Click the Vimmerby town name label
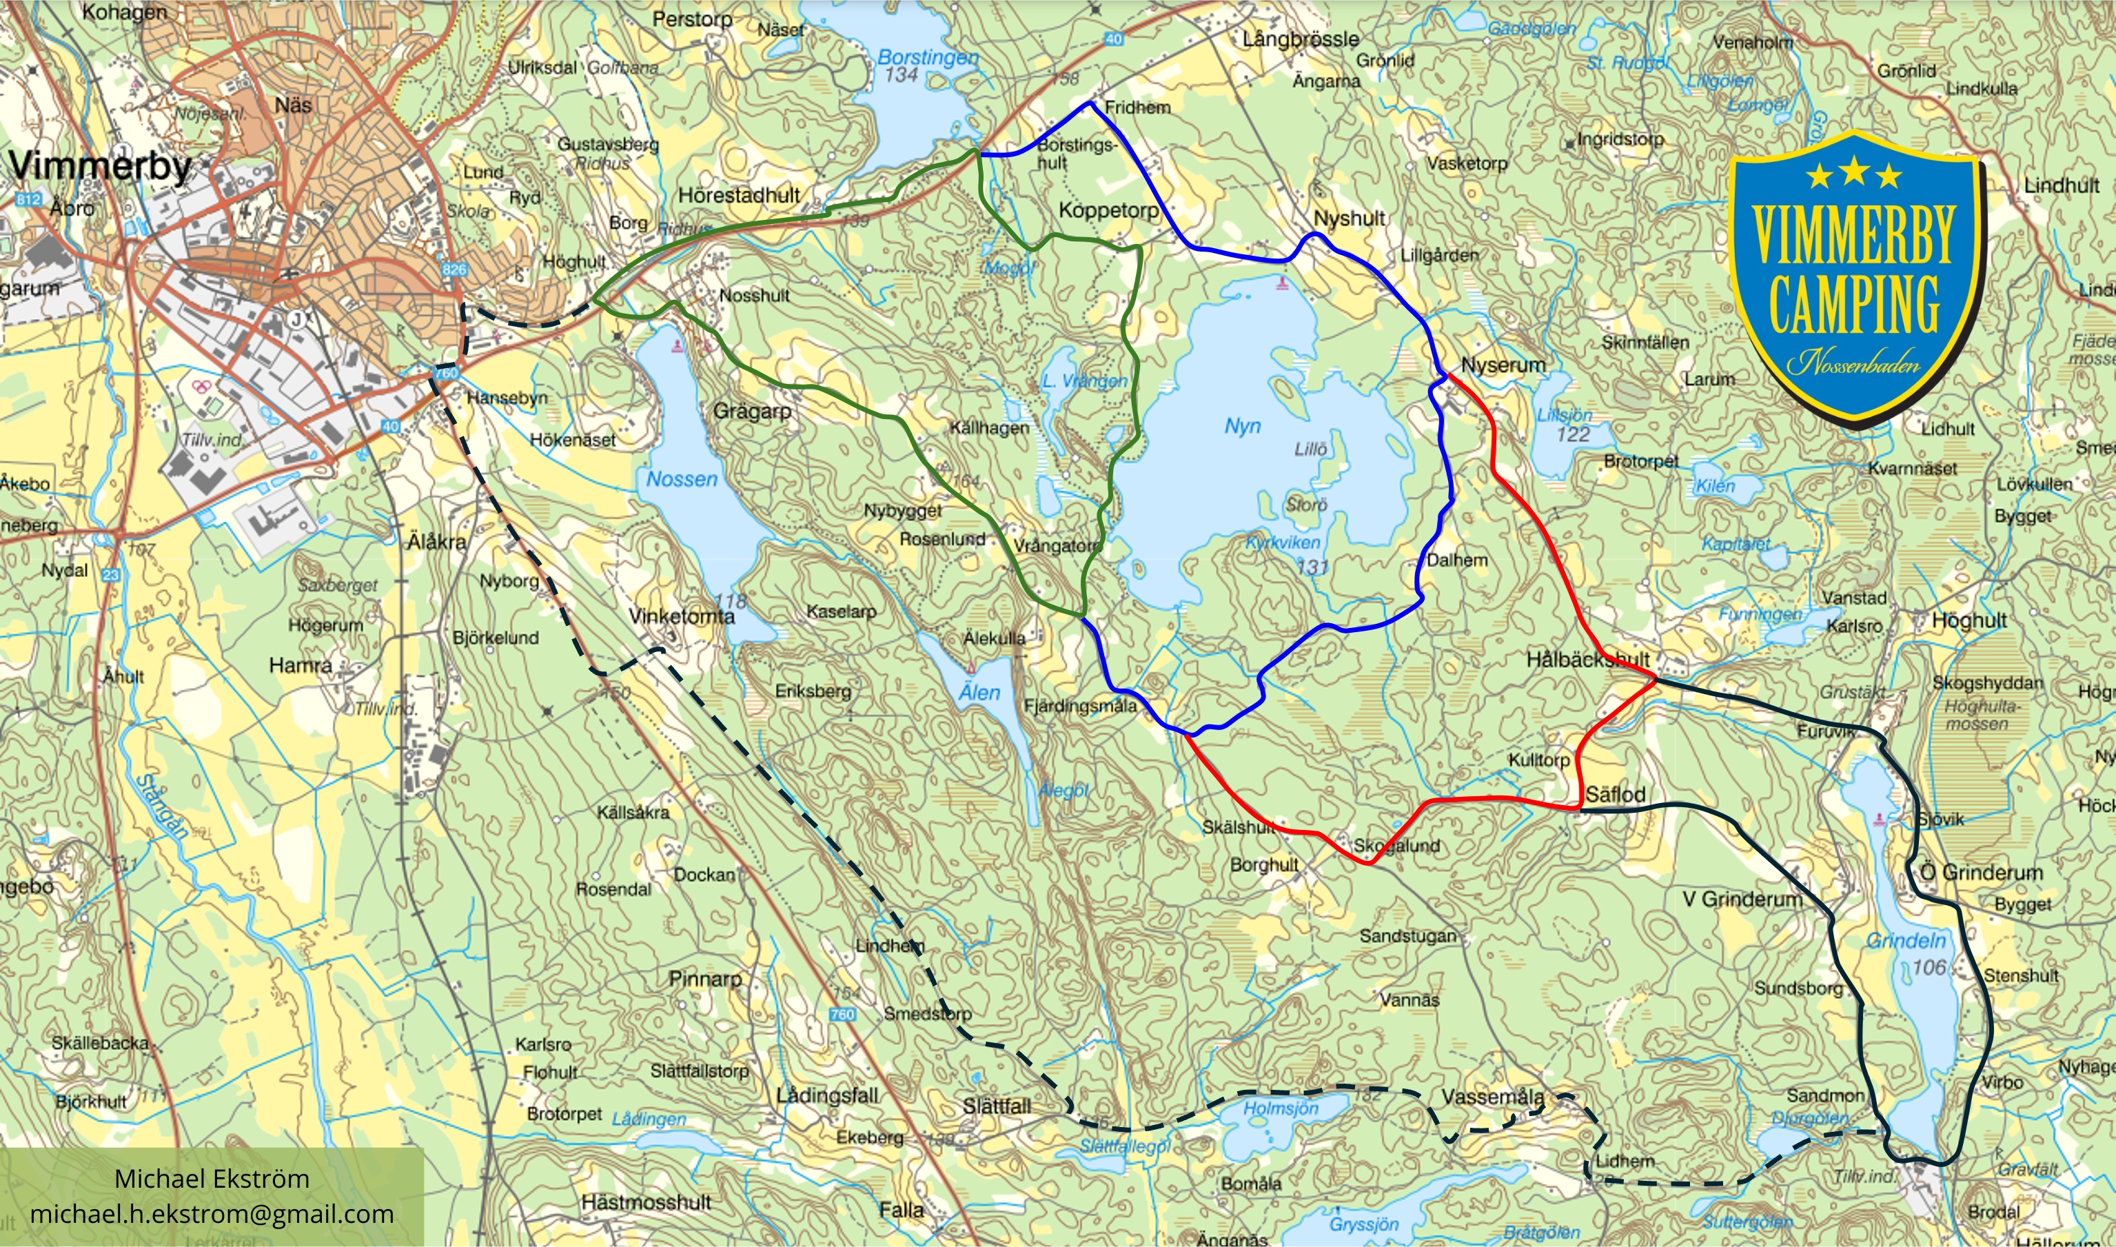[101, 165]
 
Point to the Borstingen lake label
[927, 58]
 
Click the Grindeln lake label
[1905, 940]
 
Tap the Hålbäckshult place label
[1587, 660]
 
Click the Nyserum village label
[1503, 365]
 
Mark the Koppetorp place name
[1109, 210]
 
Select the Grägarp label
[752, 411]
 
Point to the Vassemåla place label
[1493, 1097]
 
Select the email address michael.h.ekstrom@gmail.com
[212, 1214]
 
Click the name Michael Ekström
[212, 1178]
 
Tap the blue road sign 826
[454, 270]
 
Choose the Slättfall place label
[996, 1106]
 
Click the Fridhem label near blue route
[1137, 108]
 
